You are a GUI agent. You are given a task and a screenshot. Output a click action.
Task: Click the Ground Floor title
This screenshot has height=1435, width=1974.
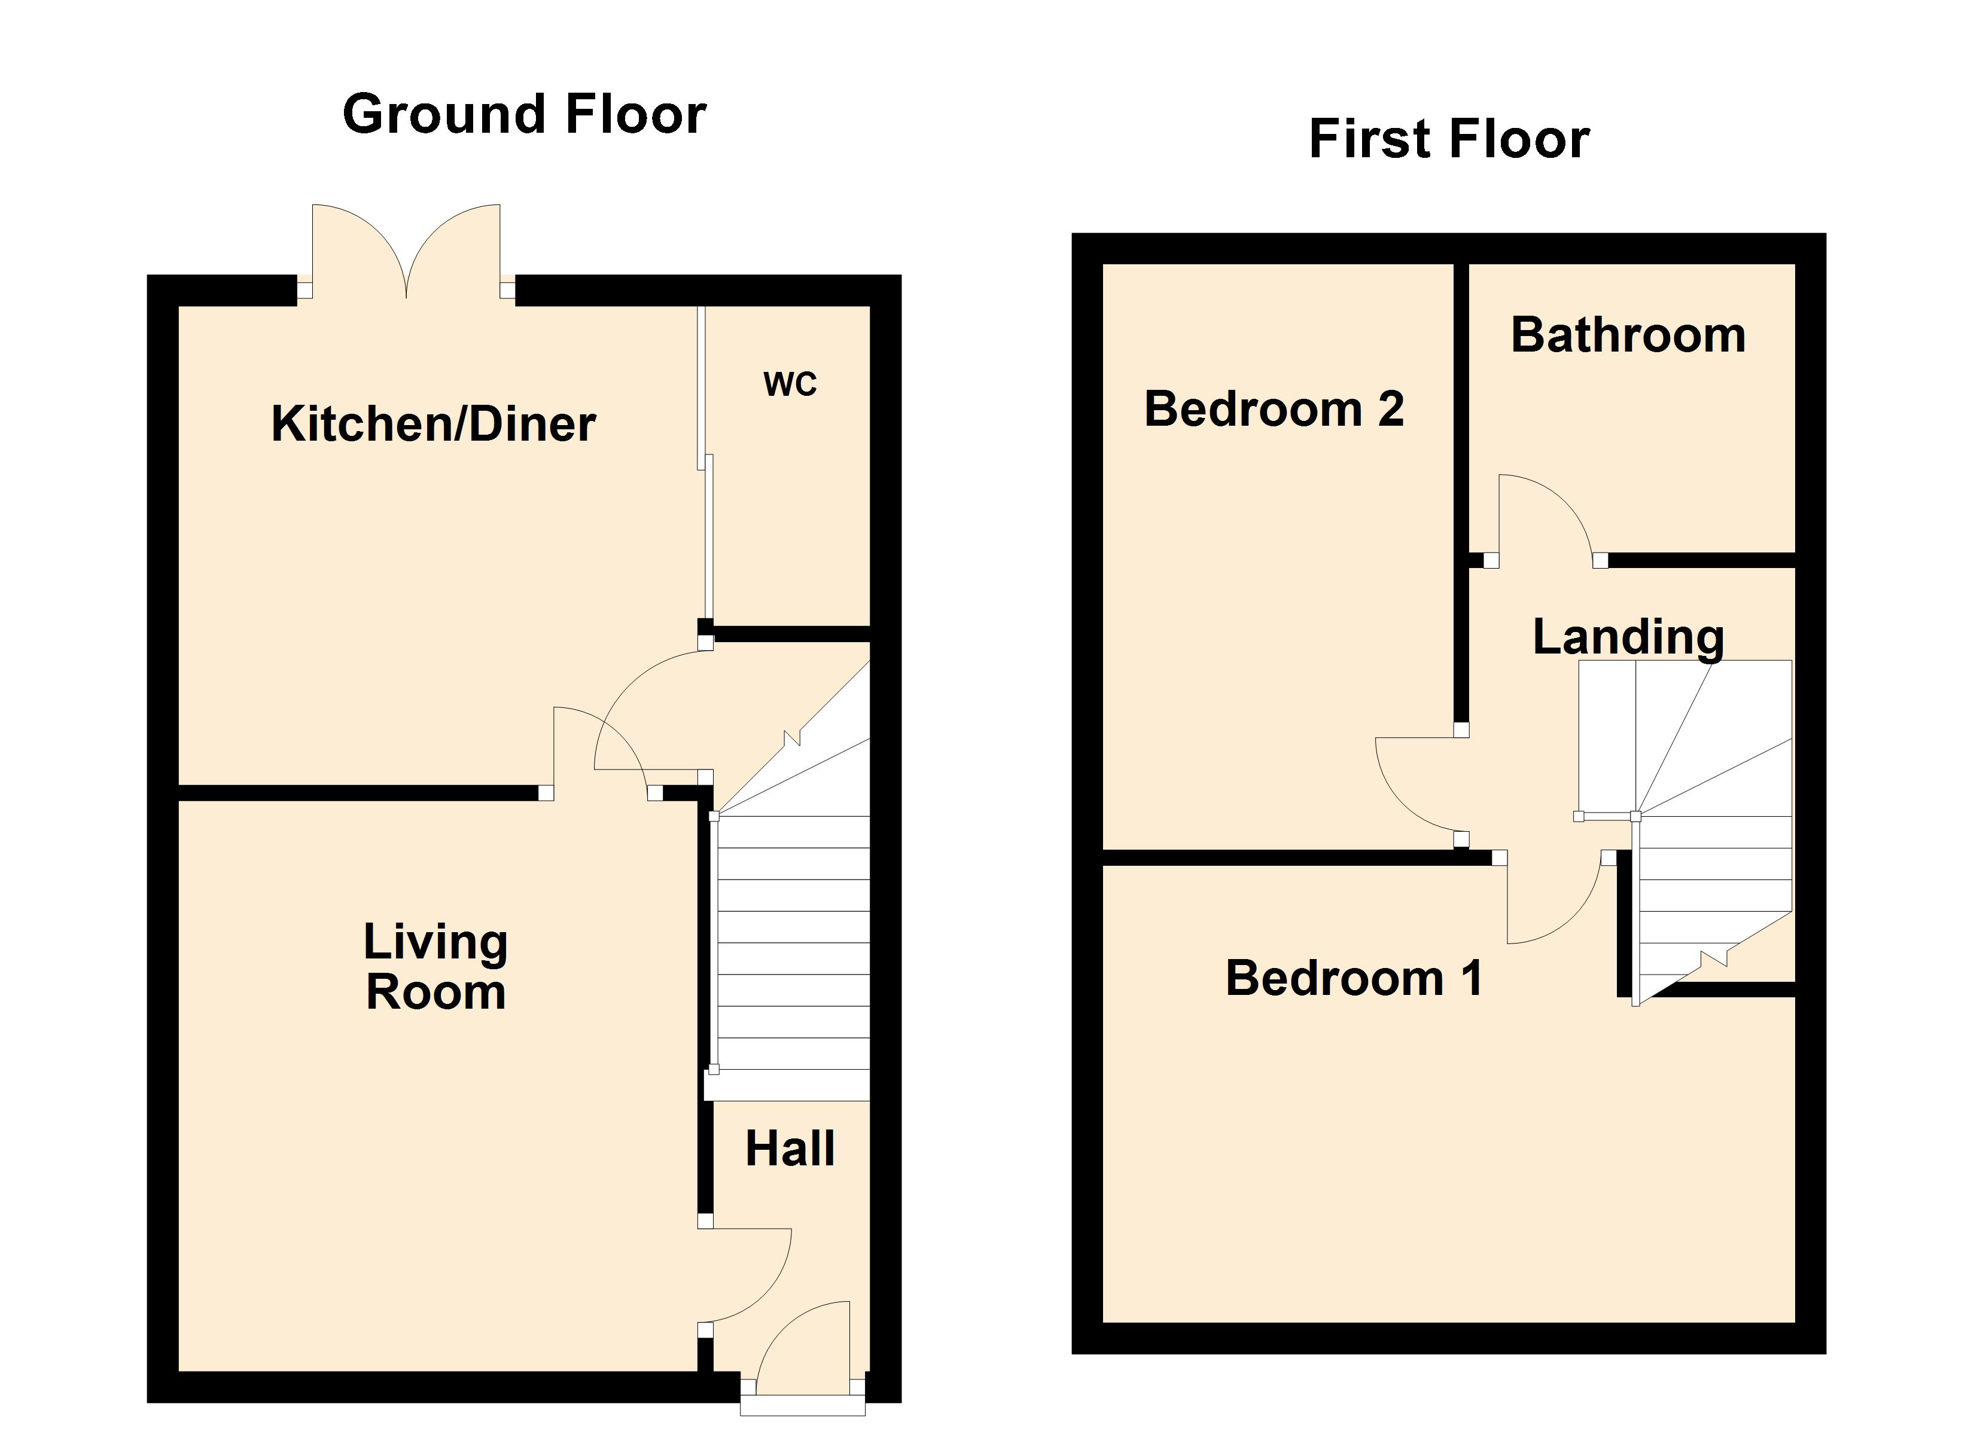[x=524, y=115]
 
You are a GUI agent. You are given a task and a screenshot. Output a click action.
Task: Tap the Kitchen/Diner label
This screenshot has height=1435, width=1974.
[x=434, y=425]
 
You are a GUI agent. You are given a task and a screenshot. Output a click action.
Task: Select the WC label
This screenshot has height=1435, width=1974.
[x=790, y=384]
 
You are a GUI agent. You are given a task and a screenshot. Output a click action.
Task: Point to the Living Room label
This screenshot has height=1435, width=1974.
[x=435, y=967]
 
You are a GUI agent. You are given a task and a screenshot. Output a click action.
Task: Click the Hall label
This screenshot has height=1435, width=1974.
[x=790, y=1149]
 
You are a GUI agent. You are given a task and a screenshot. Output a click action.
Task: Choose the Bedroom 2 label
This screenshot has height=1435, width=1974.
[x=1274, y=409]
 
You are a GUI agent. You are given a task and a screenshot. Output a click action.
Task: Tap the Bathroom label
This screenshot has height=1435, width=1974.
[x=1628, y=335]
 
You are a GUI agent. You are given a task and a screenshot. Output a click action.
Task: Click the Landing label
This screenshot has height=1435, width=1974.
[x=1628, y=636]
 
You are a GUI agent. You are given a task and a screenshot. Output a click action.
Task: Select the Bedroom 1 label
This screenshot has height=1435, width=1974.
[x=1354, y=978]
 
